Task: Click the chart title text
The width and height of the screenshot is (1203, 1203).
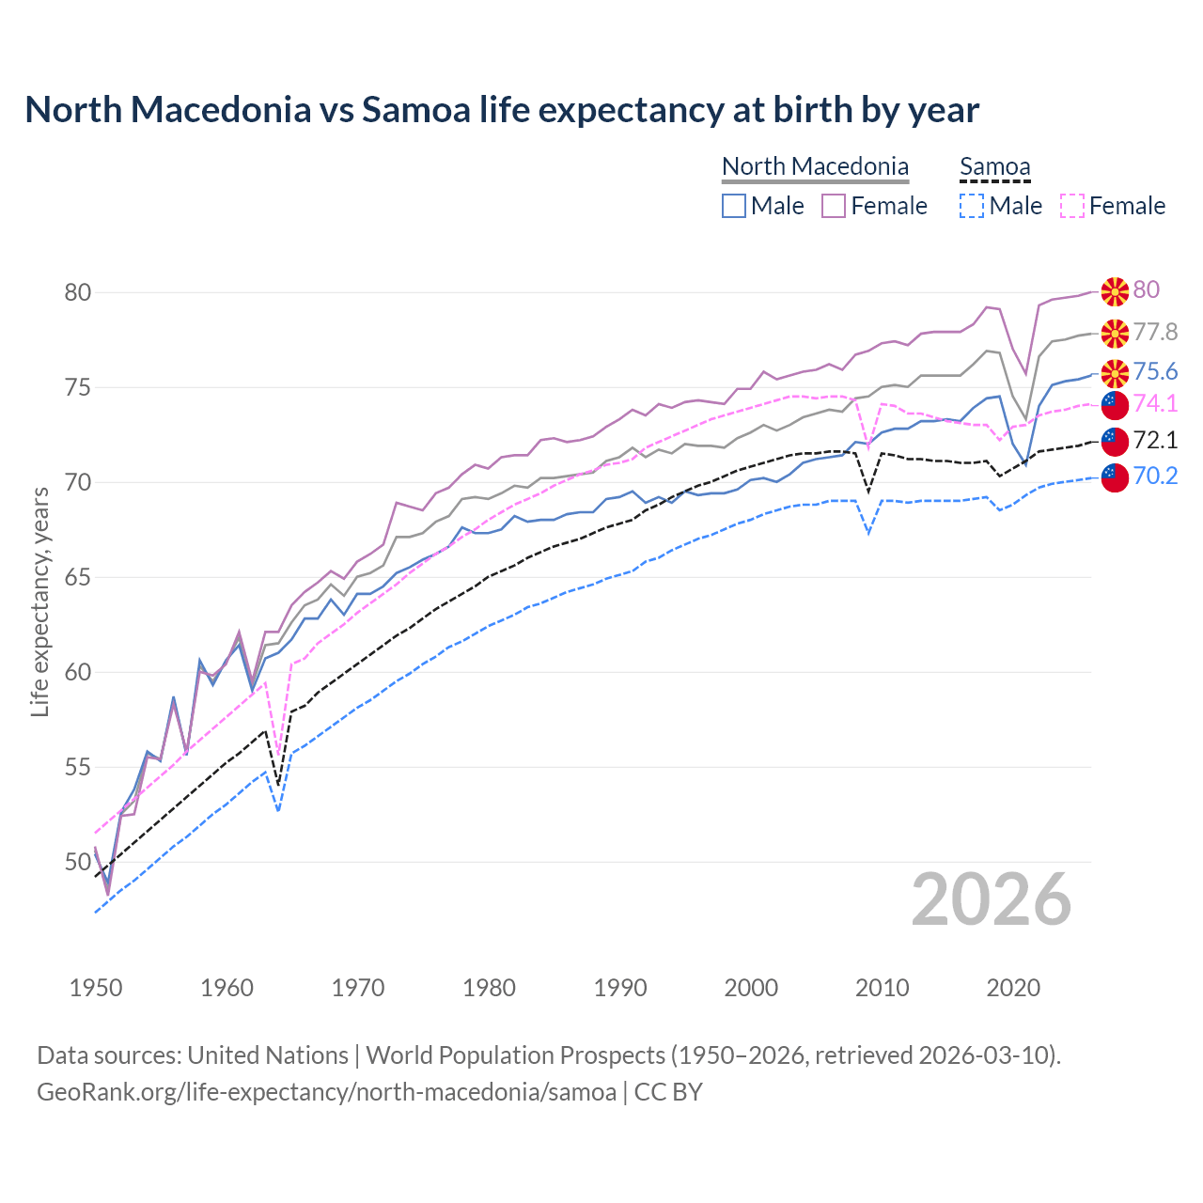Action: coord(502,110)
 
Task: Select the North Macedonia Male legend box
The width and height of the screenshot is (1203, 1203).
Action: coord(734,206)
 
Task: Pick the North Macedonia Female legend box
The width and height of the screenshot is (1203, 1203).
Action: coord(834,206)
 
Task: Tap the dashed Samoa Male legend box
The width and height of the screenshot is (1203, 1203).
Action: coord(972,206)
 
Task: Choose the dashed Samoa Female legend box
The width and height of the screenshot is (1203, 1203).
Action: coord(1072,206)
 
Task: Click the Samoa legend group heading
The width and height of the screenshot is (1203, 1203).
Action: coord(994,167)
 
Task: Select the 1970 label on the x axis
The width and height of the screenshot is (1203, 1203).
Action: coord(358,988)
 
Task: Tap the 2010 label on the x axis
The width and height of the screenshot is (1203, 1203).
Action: coord(882,988)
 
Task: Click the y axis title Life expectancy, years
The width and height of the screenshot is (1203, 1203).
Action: coord(39,601)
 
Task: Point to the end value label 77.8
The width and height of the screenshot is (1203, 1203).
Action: coord(1155,333)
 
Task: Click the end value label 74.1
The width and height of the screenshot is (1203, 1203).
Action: coord(1155,404)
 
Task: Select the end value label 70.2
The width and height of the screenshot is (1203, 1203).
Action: coord(1155,477)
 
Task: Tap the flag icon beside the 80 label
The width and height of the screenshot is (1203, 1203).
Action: coord(1115,291)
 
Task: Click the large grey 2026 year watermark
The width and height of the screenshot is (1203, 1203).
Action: coord(992,900)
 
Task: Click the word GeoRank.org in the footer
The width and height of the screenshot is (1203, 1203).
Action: coord(91,1092)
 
